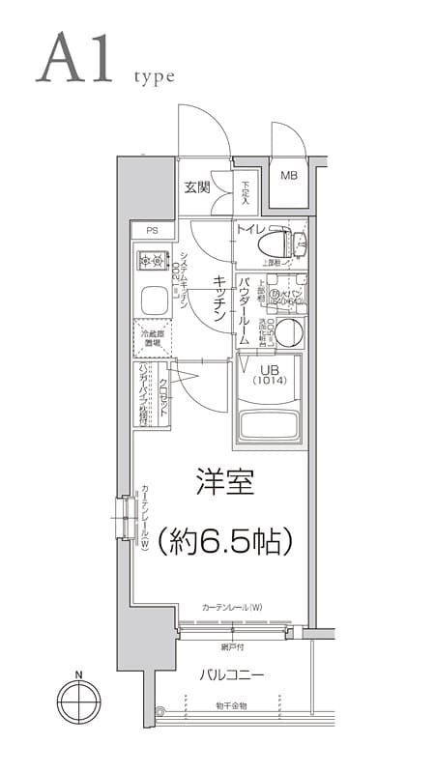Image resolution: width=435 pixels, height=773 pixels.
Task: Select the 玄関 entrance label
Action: click(197, 186)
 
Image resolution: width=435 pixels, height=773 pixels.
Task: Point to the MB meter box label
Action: click(289, 176)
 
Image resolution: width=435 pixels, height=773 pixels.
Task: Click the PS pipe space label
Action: click(152, 230)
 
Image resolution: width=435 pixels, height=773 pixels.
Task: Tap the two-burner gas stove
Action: click(152, 260)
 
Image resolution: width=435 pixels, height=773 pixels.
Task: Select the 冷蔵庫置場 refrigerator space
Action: click(152, 337)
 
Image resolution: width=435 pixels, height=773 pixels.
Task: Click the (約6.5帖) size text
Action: click(224, 540)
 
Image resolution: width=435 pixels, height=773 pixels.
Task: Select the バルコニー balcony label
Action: click(232, 673)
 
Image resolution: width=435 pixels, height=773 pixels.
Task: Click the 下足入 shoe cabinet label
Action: click(246, 193)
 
